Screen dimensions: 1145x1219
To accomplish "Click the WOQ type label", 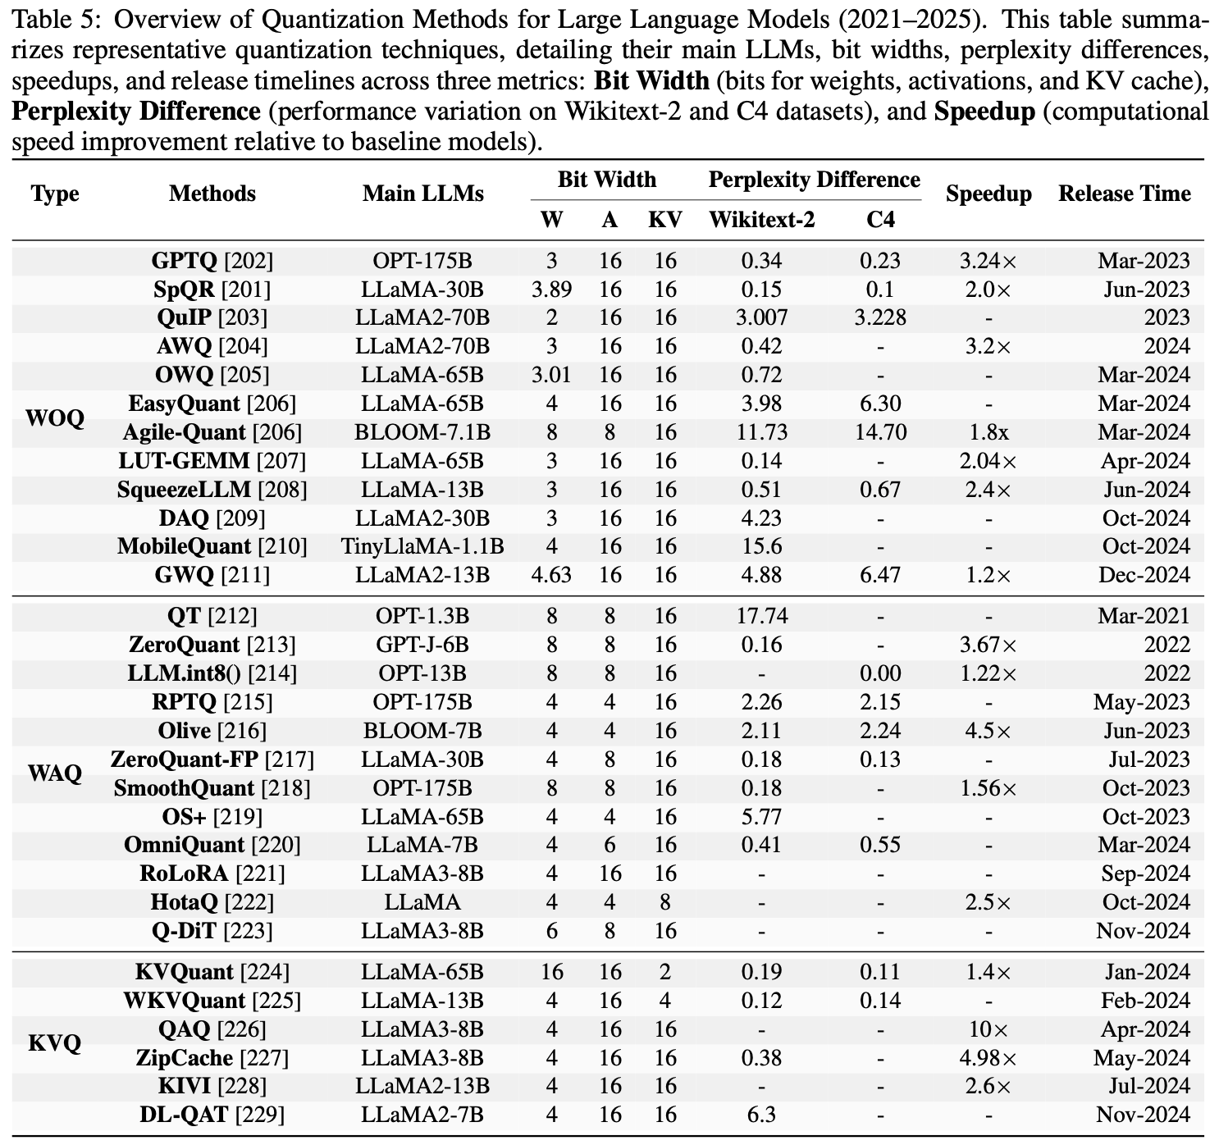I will pyautogui.click(x=55, y=418).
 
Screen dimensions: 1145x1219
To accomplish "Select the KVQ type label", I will pyautogui.click(x=55, y=1043).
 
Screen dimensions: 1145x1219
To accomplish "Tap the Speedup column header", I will pyautogui.click(x=988, y=194).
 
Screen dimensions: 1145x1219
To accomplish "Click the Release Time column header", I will pyautogui.click(x=1124, y=194).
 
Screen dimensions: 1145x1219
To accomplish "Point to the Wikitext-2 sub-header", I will pyautogui.click(x=761, y=220).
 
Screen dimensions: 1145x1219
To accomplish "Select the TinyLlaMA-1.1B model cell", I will pyautogui.click(x=422, y=546).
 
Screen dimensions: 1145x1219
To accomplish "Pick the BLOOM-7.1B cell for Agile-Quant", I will pyautogui.click(x=422, y=432).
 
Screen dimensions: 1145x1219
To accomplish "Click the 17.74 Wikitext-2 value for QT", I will pyautogui.click(x=761, y=616).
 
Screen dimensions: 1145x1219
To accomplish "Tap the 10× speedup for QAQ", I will pyautogui.click(x=988, y=1029).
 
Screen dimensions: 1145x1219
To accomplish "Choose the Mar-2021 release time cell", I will pyautogui.click(x=1144, y=616).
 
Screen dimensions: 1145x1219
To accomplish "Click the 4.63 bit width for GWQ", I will pyautogui.click(x=551, y=575).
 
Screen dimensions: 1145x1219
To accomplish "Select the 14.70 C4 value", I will pyautogui.click(x=880, y=432).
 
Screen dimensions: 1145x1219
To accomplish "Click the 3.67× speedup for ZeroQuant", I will pyautogui.click(x=988, y=645).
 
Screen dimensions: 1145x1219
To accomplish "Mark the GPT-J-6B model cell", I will pyautogui.click(x=422, y=645).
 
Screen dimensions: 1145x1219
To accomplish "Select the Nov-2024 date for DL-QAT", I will pyautogui.click(x=1143, y=1115).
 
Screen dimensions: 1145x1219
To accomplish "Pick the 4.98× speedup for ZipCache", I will pyautogui.click(x=988, y=1058).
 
